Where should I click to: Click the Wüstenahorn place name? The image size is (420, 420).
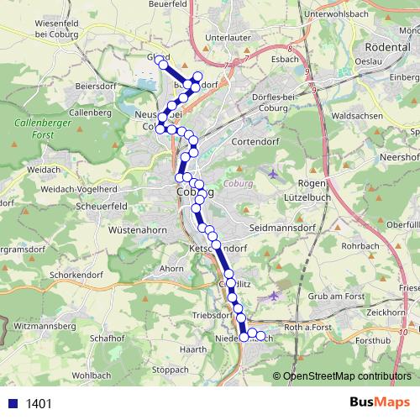pos(139,228)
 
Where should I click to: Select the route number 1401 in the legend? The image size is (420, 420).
pos(39,404)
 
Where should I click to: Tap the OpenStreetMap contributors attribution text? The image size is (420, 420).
pos(347,376)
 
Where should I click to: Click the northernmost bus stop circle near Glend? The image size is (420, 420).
pos(163,63)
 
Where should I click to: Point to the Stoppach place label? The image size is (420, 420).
pos(171,369)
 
